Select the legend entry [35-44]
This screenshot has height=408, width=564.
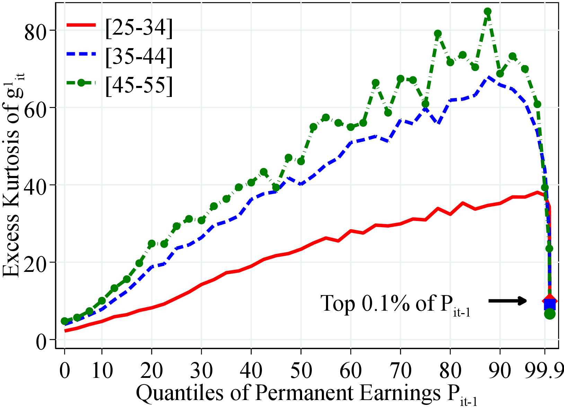tap(139, 55)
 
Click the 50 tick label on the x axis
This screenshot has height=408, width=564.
tap(301, 371)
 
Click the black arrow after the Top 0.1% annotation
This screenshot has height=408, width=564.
tap(508, 301)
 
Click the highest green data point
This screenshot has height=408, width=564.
tap(487, 11)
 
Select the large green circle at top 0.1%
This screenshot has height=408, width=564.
tap(550, 314)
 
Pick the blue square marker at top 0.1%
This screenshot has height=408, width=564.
tap(550, 305)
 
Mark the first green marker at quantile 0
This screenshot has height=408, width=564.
tap(64, 321)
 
